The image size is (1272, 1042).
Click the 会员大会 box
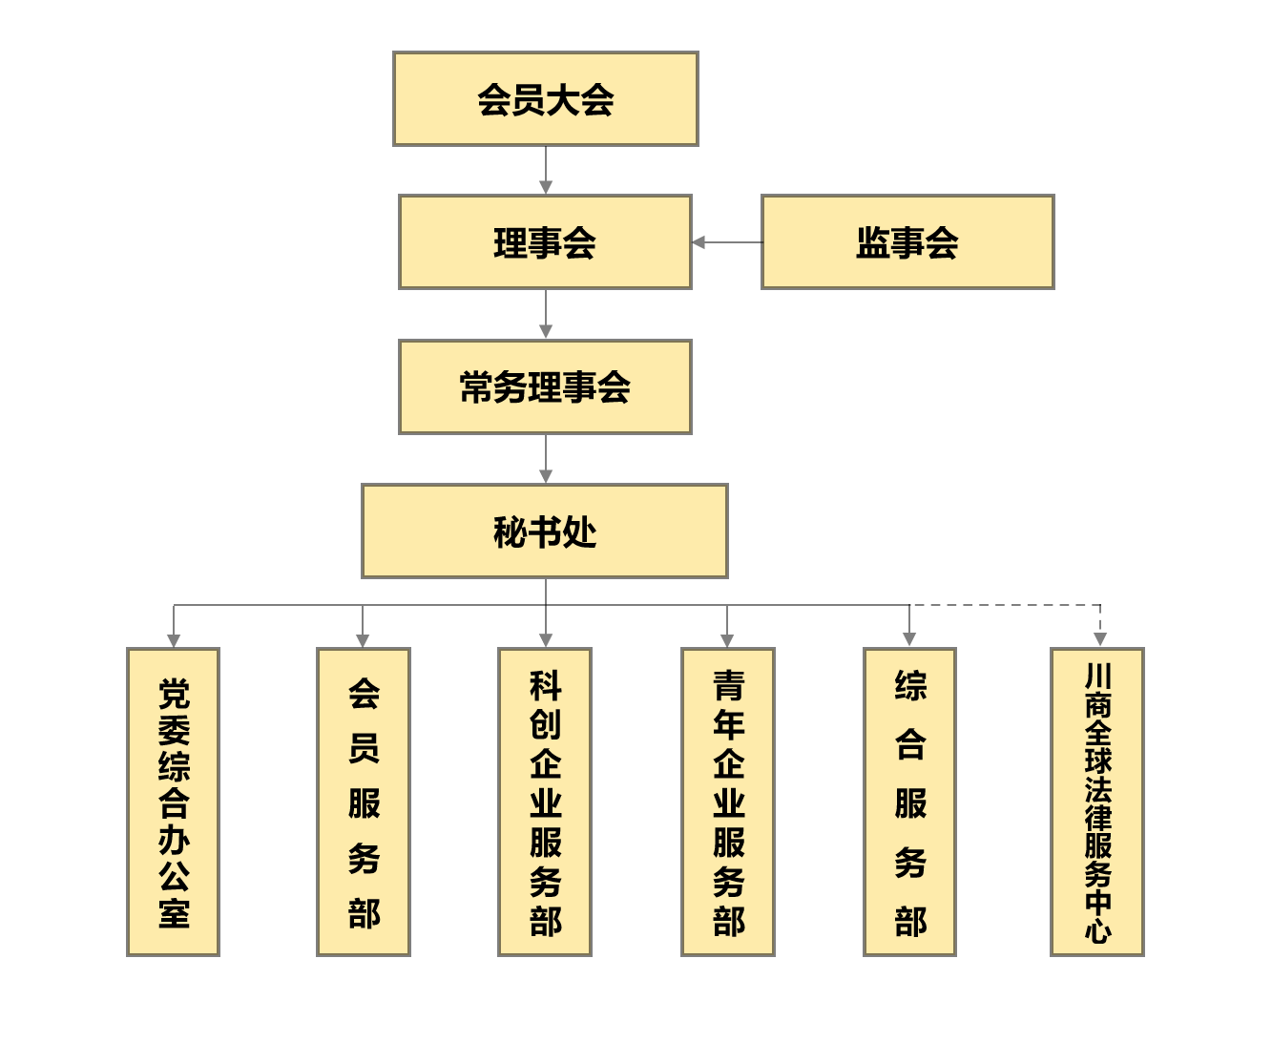pyautogui.click(x=545, y=99)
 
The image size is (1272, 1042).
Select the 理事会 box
pyautogui.click(x=545, y=241)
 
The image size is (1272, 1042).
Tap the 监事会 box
pyautogui.click(x=907, y=241)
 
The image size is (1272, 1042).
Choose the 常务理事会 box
pyautogui.click(x=545, y=386)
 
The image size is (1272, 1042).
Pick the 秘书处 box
pyautogui.click(x=545, y=531)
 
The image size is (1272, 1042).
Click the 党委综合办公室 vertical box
pyautogui.click(x=173, y=802)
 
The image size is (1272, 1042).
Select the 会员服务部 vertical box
pyautogui.click(x=364, y=802)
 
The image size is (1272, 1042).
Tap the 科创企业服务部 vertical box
pyautogui.click(x=545, y=802)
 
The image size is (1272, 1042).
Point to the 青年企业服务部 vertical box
pyautogui.click(x=728, y=802)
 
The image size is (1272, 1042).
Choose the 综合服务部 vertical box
pyautogui.click(x=910, y=802)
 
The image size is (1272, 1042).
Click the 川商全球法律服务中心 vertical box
pyautogui.click(x=1097, y=802)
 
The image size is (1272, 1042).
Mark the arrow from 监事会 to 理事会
pyautogui.click(x=727, y=241)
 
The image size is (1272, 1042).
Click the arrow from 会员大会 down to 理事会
pyautogui.click(x=546, y=170)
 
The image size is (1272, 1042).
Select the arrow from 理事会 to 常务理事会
pyautogui.click(x=546, y=314)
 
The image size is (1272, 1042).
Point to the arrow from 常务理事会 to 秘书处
pyautogui.click(x=546, y=459)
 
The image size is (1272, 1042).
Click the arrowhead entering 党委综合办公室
pyautogui.click(x=174, y=640)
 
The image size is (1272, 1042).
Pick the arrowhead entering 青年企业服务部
pyautogui.click(x=727, y=640)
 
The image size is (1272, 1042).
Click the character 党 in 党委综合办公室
pyautogui.click(x=174, y=694)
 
